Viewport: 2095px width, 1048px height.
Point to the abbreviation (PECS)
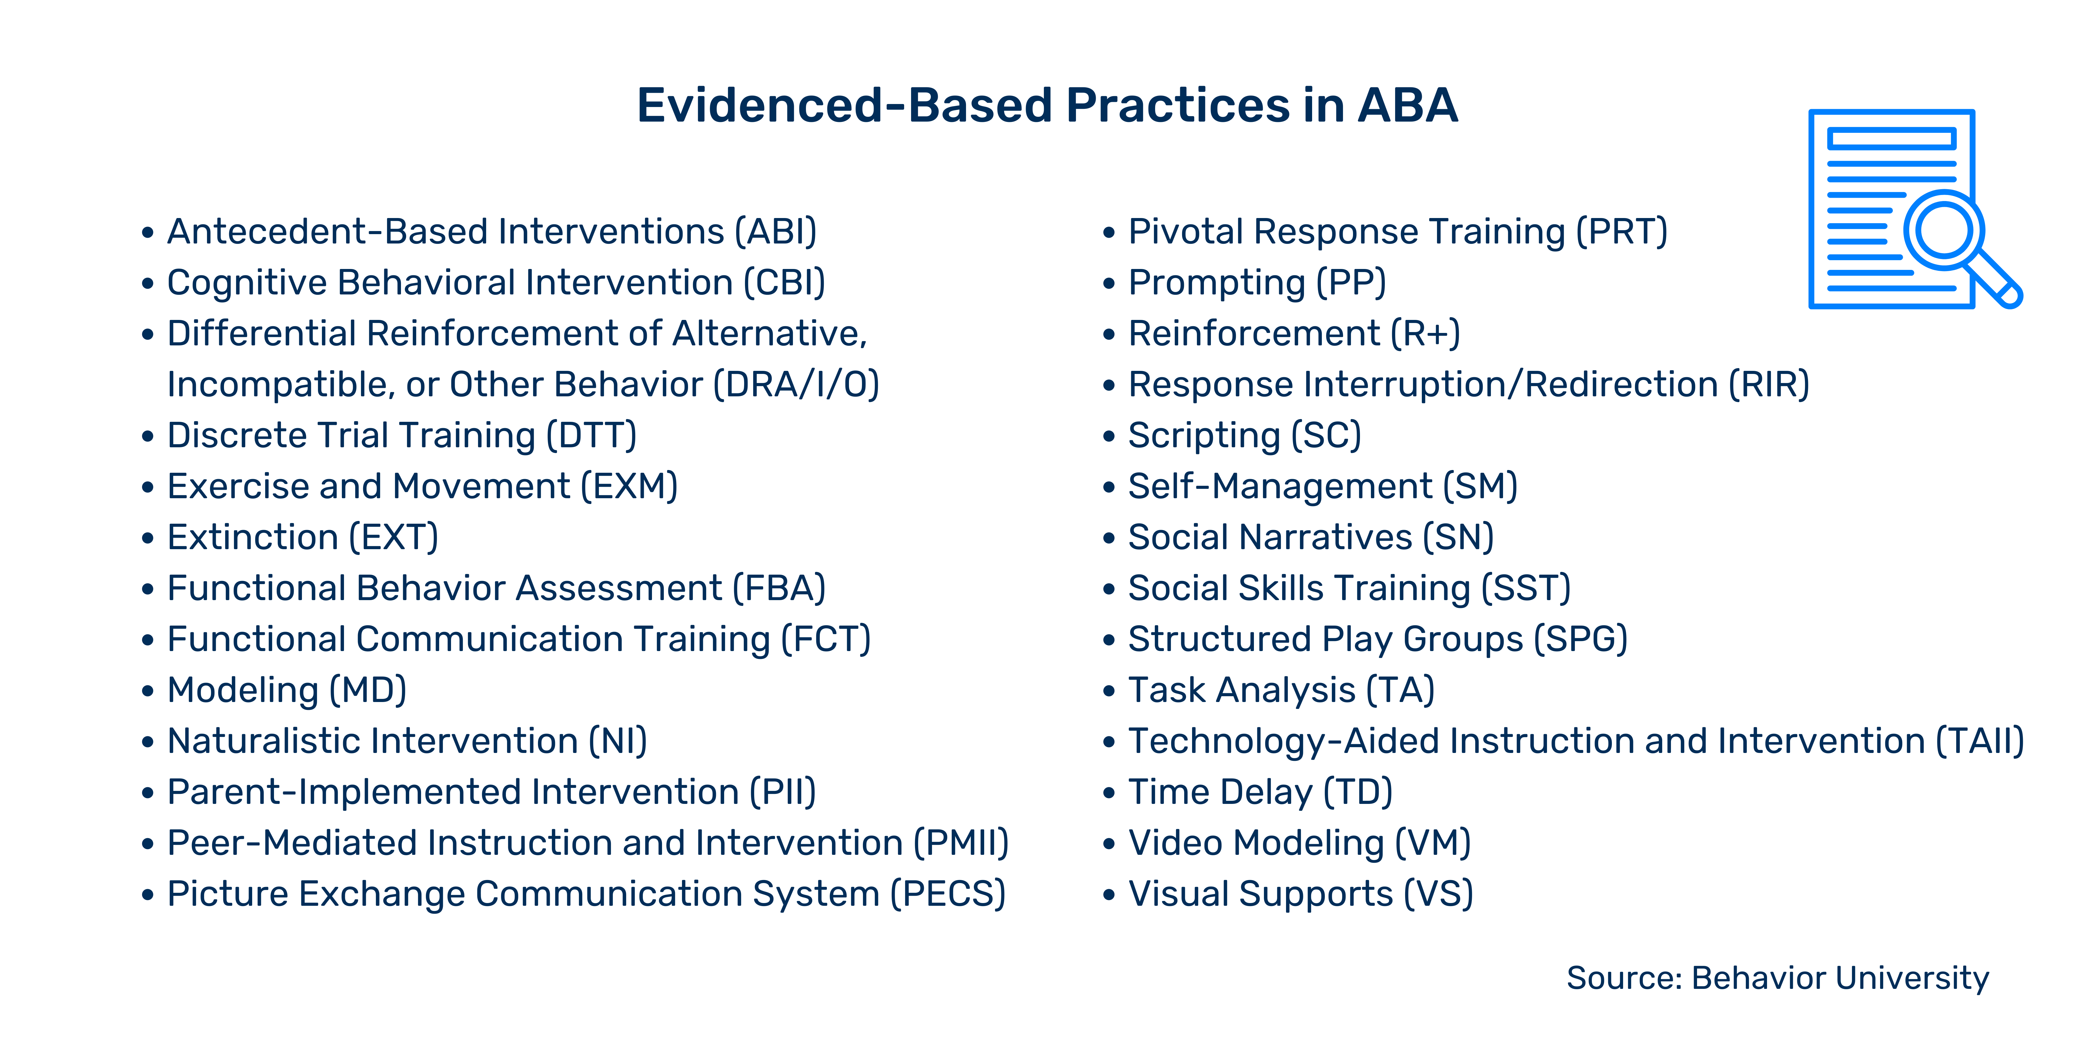click(x=947, y=894)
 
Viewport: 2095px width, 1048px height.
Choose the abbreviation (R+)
click(x=1425, y=334)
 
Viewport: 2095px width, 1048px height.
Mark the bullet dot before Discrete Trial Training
click(x=147, y=436)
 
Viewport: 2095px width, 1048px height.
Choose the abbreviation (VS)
click(x=1438, y=894)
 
